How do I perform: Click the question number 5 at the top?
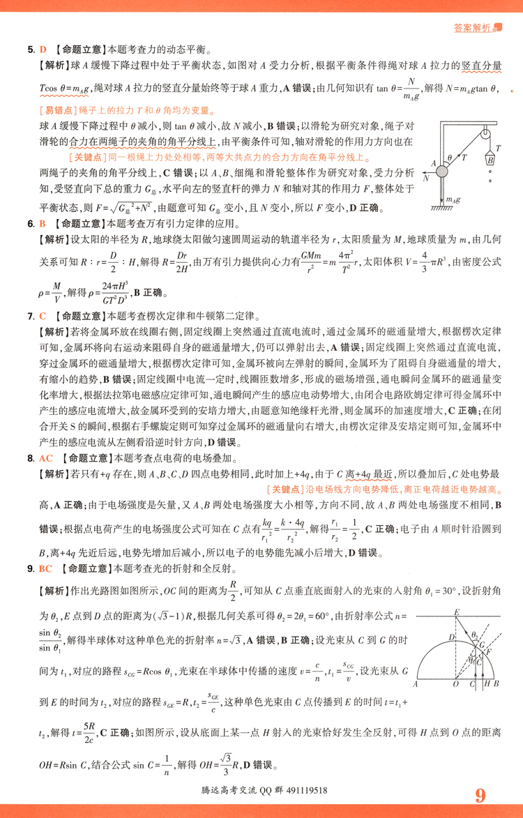pos(31,50)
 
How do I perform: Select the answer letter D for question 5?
pos(42,50)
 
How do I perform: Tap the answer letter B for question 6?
pos(42,225)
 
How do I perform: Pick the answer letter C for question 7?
pos(42,316)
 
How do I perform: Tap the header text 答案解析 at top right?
pos(472,29)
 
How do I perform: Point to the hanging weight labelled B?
pos(491,159)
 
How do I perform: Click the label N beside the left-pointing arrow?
pos(425,179)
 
